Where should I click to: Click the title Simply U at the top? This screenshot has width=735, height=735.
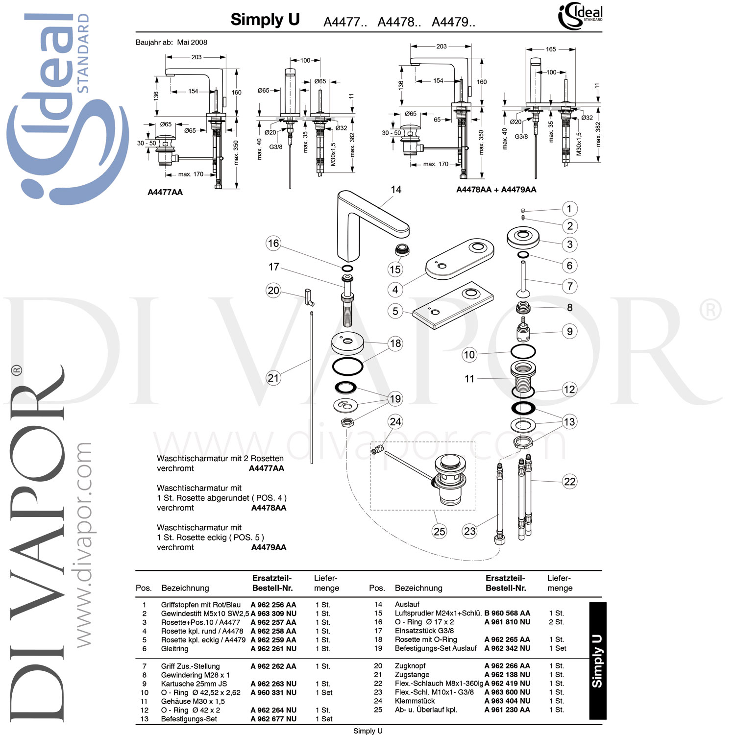pyautogui.click(x=265, y=20)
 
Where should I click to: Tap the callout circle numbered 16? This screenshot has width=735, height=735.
pyautogui.click(x=273, y=243)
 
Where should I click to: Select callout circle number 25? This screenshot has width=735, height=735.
pyautogui.click(x=440, y=531)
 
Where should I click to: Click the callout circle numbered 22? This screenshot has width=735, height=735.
pyautogui.click(x=569, y=481)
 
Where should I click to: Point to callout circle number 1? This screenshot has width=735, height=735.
pyautogui.click(x=569, y=209)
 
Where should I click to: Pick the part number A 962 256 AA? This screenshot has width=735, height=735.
pyautogui.click(x=273, y=605)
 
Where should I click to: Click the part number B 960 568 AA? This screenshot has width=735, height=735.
pyautogui.click(x=507, y=613)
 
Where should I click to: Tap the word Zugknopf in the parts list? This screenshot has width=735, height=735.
pyautogui.click(x=410, y=666)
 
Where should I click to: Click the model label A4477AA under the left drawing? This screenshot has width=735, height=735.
pyautogui.click(x=165, y=192)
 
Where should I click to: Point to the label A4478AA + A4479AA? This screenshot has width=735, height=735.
pyautogui.click(x=496, y=190)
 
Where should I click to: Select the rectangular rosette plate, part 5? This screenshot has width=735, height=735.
pyautogui.click(x=453, y=305)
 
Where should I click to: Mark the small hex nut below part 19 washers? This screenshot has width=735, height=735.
pyautogui.click(x=347, y=422)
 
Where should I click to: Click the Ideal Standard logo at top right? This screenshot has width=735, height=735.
pyautogui.click(x=580, y=16)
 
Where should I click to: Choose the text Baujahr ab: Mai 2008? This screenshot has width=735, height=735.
pyautogui.click(x=171, y=43)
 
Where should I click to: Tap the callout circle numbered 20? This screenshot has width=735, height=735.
pyautogui.click(x=273, y=290)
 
